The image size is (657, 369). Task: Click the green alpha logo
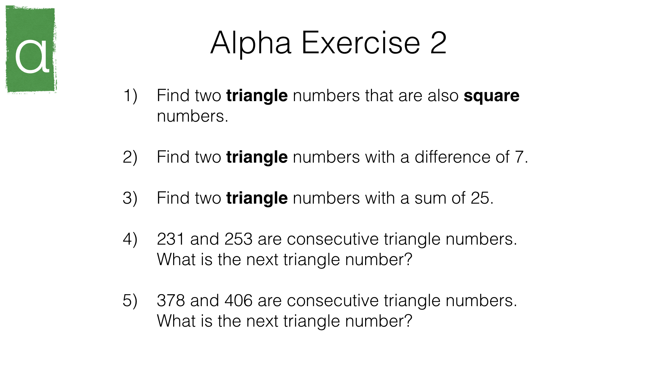(31, 50)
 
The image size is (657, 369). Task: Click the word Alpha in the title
(251, 43)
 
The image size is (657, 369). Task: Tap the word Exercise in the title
(361, 43)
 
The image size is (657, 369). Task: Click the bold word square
(491, 96)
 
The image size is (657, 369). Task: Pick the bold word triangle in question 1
(257, 96)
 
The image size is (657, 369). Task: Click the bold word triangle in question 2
(257, 158)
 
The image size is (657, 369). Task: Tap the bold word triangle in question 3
(257, 199)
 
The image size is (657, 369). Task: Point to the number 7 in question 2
(519, 158)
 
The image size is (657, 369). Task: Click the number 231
(170, 239)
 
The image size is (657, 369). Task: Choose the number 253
(239, 239)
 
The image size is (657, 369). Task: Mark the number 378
(170, 301)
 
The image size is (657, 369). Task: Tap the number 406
(239, 301)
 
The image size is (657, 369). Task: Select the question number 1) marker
(130, 96)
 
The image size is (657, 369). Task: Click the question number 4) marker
(130, 239)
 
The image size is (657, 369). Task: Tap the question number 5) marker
(130, 301)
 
